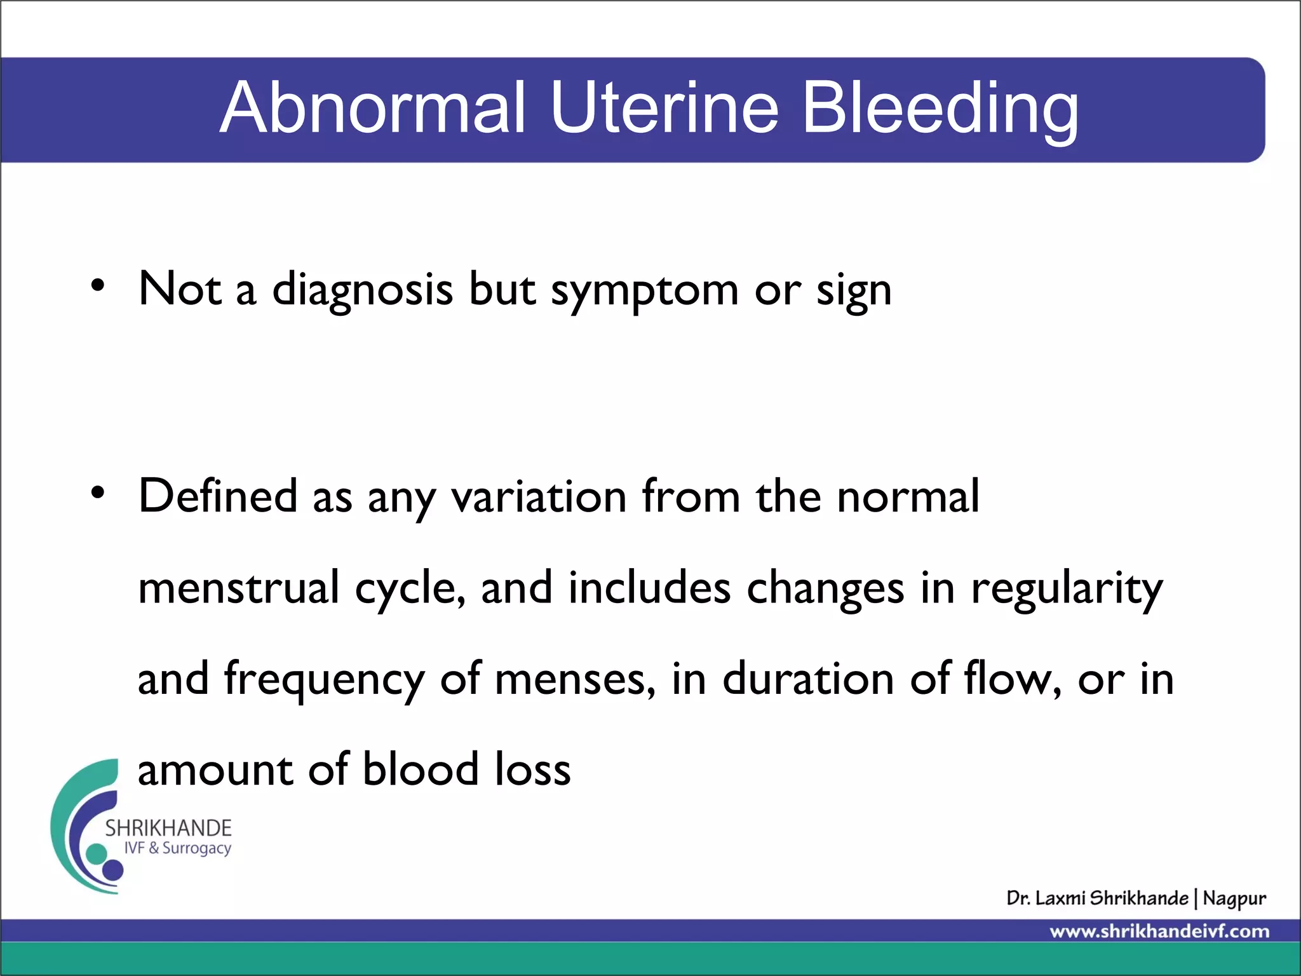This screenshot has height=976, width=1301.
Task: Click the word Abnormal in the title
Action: point(373,108)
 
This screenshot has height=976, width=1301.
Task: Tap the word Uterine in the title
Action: point(664,108)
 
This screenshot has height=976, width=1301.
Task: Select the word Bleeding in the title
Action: point(940,109)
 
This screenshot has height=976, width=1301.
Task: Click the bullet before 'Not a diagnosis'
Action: point(97,285)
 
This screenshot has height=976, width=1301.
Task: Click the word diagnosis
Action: point(363,290)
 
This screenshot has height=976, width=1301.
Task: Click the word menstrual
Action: point(238,588)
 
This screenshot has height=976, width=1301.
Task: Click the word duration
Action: point(809,679)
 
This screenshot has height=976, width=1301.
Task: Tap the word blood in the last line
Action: point(421,769)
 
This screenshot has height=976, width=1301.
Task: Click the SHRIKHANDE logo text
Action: point(168,828)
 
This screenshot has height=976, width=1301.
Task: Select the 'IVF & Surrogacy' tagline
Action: point(177,848)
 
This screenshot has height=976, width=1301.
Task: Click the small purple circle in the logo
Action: point(113,870)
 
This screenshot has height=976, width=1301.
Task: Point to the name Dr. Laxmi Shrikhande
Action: point(1097,898)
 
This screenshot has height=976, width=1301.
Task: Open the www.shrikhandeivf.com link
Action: point(1159,932)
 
